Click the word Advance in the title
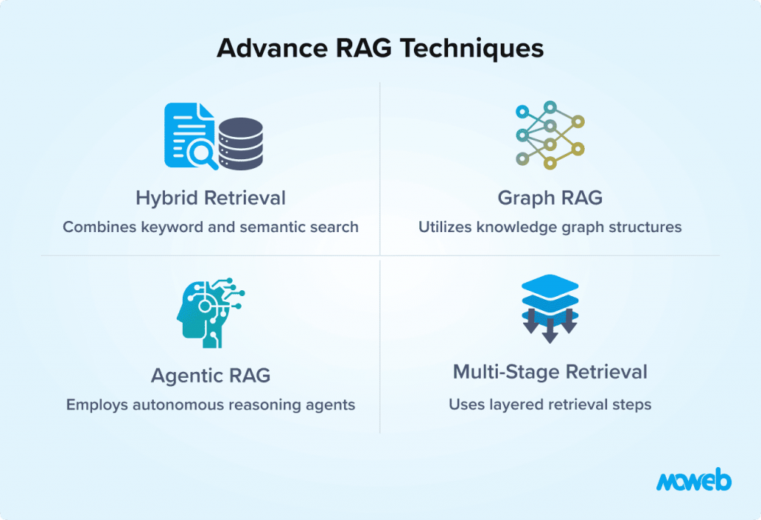(272, 48)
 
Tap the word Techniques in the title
(471, 48)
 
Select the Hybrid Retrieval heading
(210, 198)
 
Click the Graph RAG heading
(550, 198)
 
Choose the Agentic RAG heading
(210, 375)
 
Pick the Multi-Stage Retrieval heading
(550, 372)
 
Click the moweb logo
(693, 480)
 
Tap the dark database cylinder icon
(241, 144)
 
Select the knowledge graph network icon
(550, 135)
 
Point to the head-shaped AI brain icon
(210, 312)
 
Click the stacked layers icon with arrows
(550, 309)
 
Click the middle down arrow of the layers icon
(550, 331)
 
